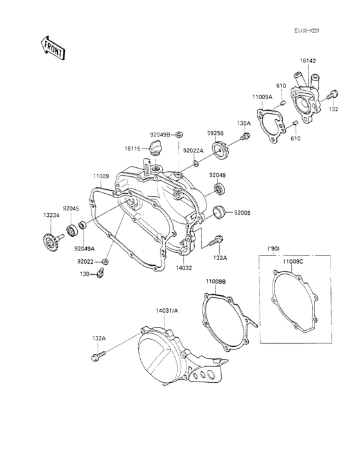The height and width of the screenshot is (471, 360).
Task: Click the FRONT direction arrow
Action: click(x=53, y=48)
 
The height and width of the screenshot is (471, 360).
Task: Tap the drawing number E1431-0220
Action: click(x=307, y=31)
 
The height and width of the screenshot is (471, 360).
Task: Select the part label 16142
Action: click(x=308, y=61)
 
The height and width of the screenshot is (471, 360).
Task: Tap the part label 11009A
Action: click(x=262, y=97)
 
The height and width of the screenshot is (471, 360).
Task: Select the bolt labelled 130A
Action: click(x=246, y=136)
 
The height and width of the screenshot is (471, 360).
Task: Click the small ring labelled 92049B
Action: click(x=179, y=134)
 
